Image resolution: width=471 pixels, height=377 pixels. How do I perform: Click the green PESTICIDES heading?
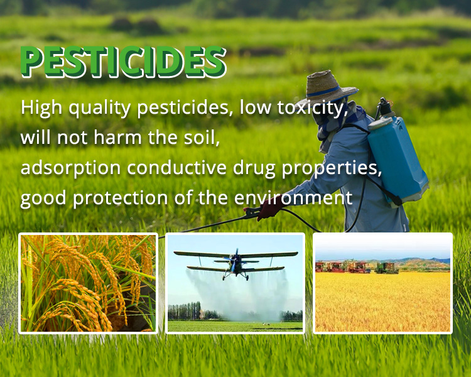[123, 62]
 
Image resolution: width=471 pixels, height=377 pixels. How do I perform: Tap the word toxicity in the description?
[312, 107]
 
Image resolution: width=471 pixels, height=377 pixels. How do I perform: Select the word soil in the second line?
[202, 138]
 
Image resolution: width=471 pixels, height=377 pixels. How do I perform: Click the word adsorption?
[70, 168]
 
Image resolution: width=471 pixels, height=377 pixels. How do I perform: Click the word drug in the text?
[254, 168]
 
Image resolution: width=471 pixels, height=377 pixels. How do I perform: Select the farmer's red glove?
[269, 209]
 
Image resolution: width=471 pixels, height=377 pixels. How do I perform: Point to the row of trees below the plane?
[185, 311]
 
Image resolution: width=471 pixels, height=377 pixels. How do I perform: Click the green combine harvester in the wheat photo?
[387, 268]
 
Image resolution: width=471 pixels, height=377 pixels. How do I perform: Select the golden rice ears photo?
[88, 283]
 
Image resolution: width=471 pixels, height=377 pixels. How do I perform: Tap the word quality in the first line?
[99, 108]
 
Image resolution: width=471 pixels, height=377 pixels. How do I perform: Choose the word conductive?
[176, 168]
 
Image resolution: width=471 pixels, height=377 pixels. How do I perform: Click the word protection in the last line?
[121, 198]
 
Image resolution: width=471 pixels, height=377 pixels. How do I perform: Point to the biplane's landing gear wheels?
[235, 278]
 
